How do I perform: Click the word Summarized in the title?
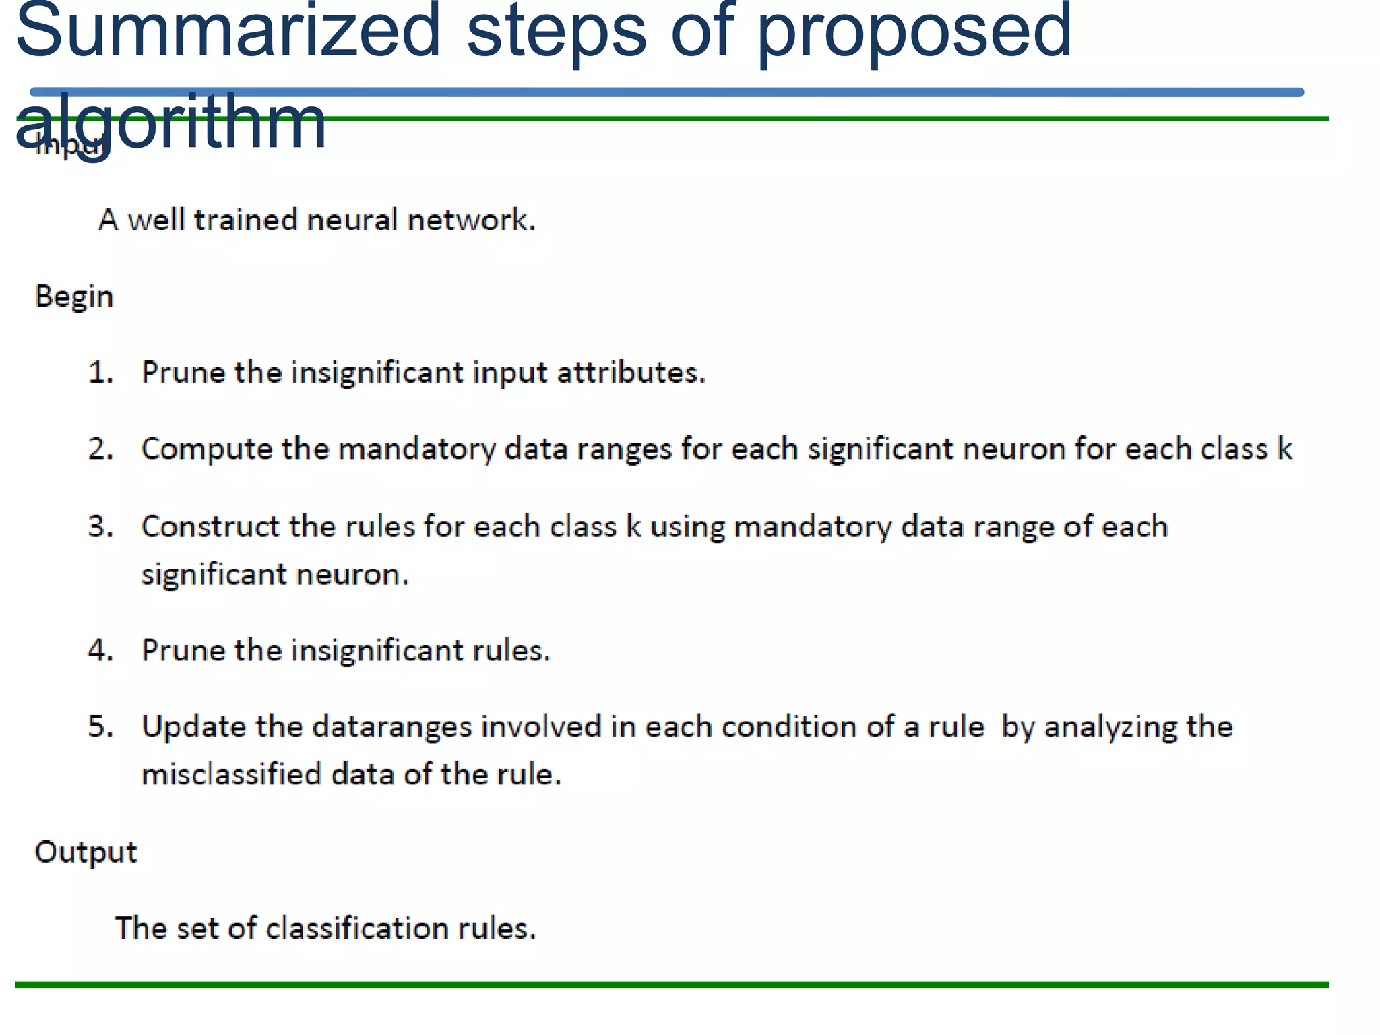[228, 30]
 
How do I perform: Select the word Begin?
[74, 297]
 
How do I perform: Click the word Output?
[86, 852]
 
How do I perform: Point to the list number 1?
[100, 373]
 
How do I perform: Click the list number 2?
[100, 449]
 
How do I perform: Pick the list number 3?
[100, 527]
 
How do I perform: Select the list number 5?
[100, 727]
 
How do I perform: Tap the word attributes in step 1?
[631, 373]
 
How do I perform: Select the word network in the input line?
[471, 220]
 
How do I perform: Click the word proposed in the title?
[914, 30]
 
